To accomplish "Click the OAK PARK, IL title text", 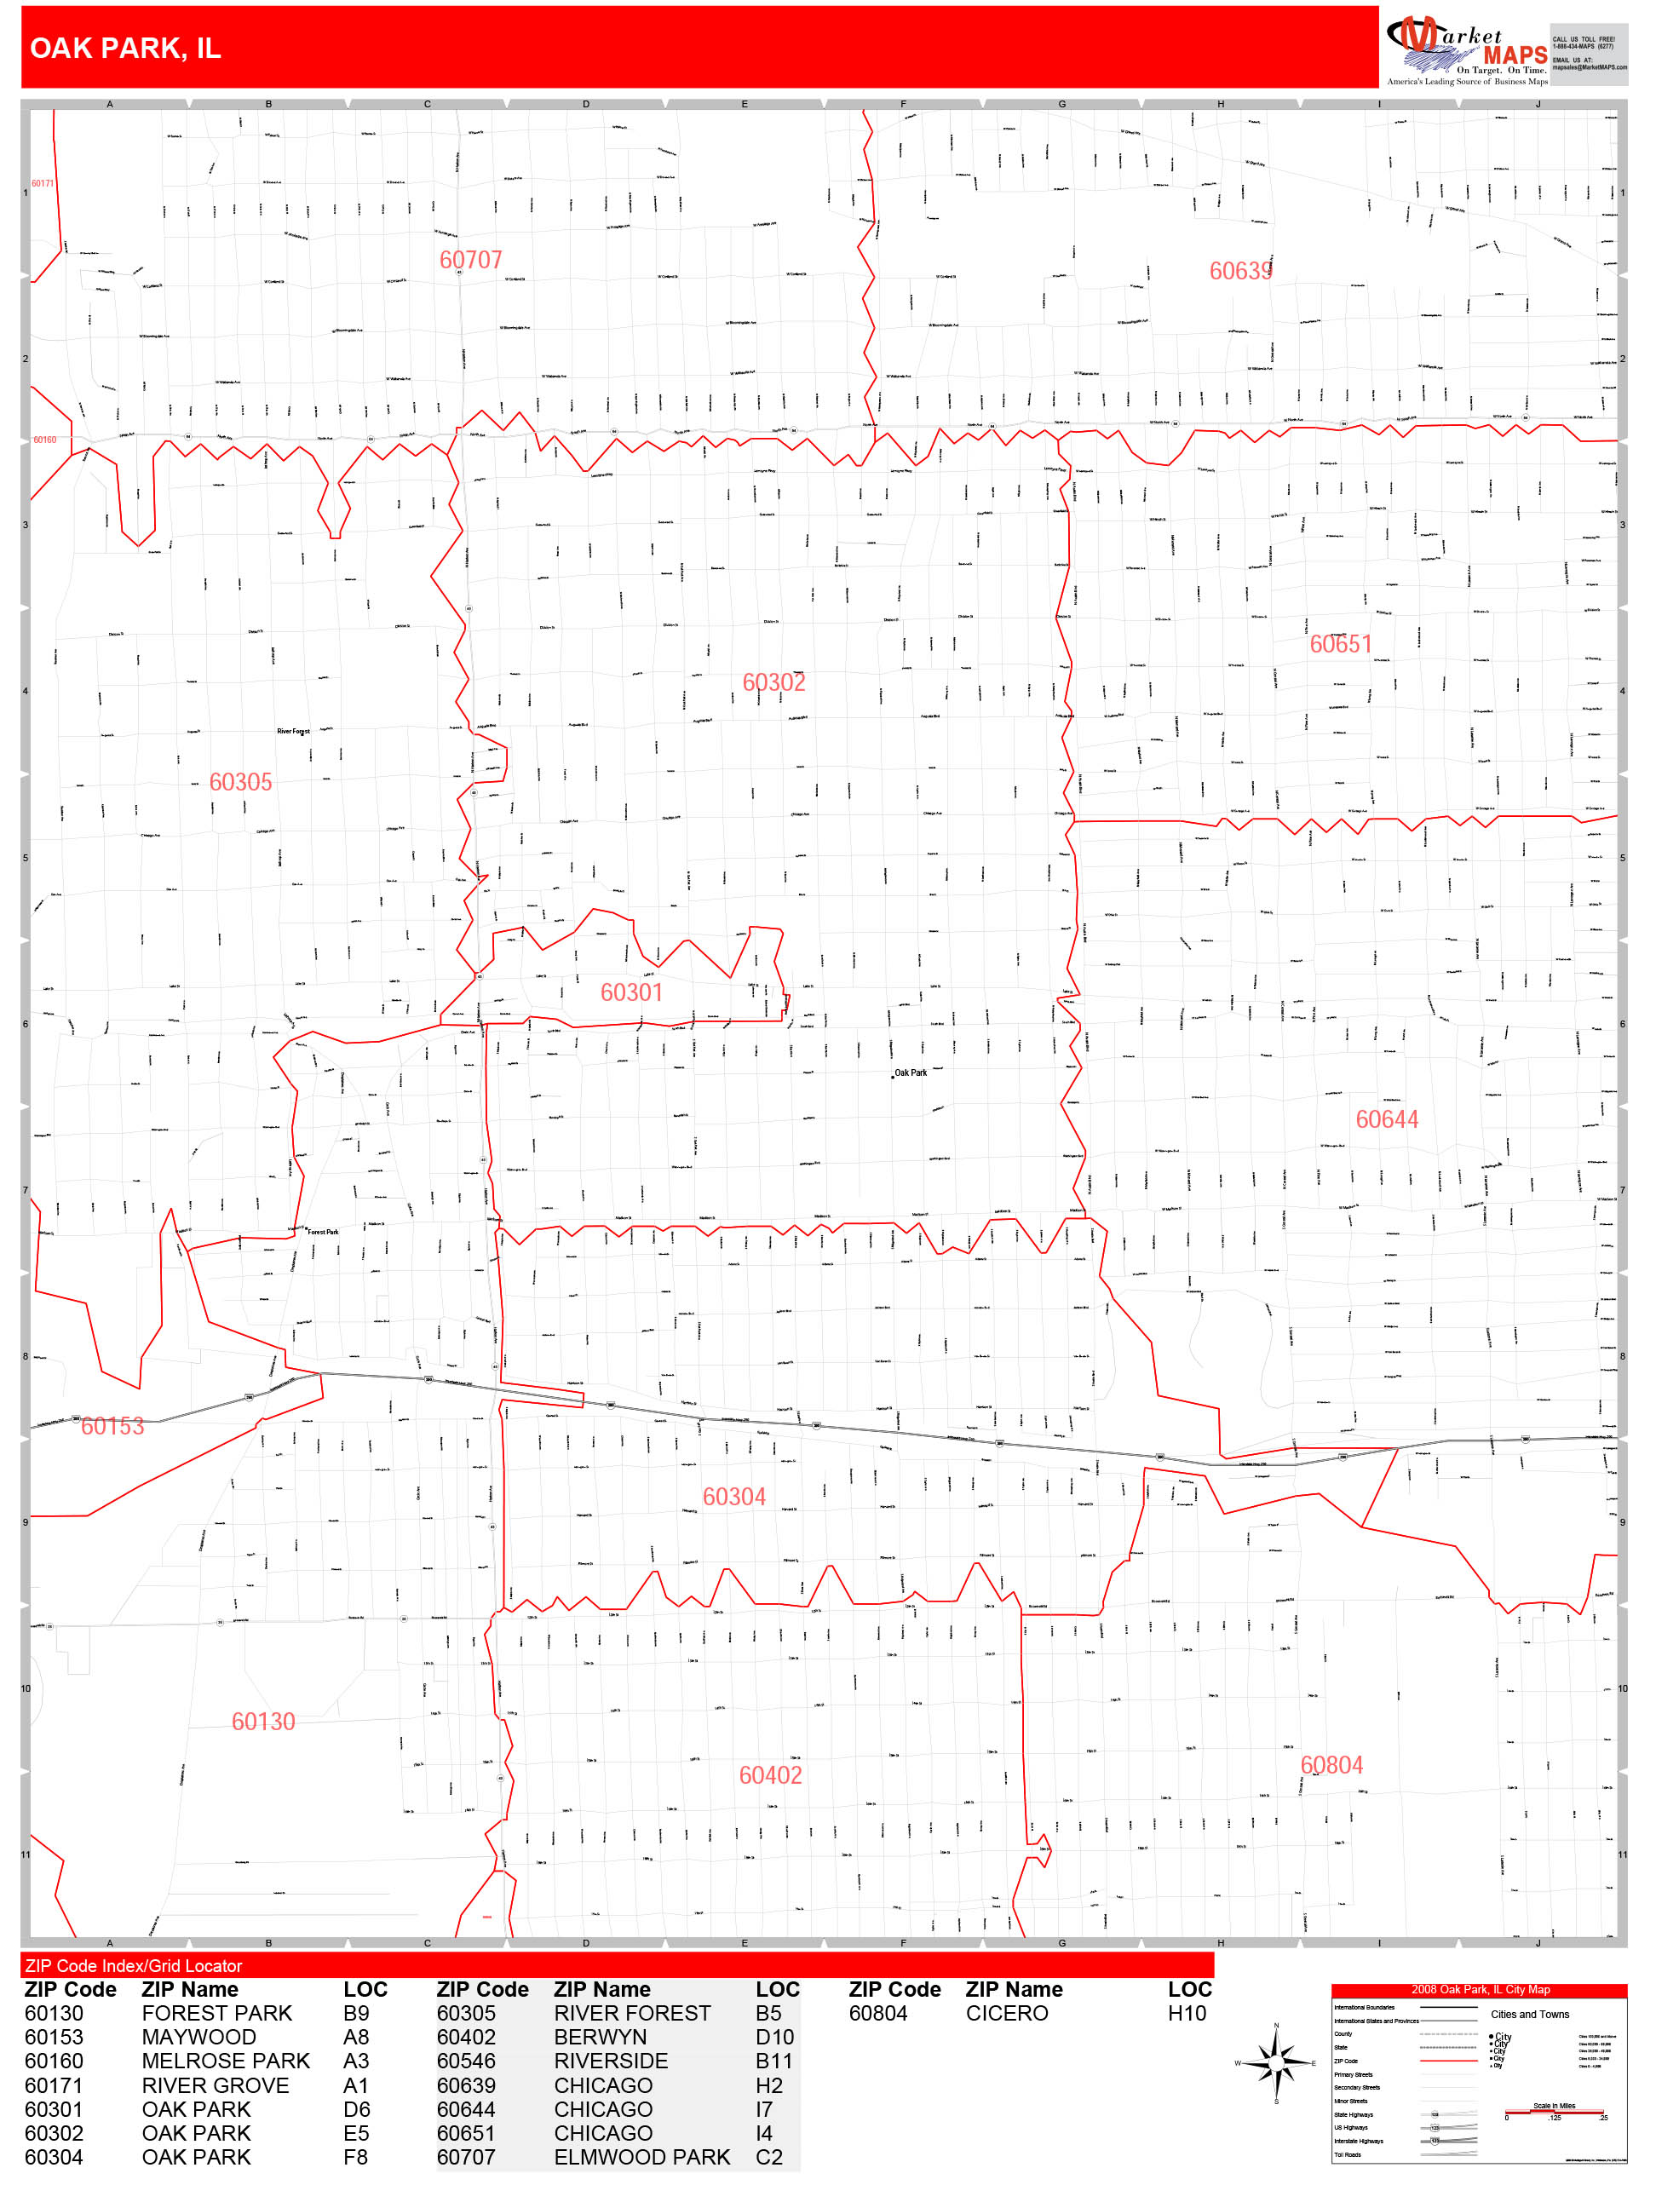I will (124, 48).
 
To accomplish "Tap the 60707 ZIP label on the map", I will (470, 261).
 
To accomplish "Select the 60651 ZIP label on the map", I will (1340, 645).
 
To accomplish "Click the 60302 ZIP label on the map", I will (773, 683).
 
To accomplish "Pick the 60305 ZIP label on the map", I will (239, 783).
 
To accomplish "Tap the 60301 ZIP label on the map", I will (631, 992).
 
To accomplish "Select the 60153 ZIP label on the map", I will (112, 1426).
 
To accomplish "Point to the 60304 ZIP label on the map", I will (733, 1498).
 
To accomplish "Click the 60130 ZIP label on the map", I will (262, 1722).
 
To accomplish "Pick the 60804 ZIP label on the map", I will (1331, 1766).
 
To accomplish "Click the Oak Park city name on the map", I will (910, 1073).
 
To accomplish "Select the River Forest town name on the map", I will (294, 732).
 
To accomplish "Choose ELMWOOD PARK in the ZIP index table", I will (641, 2157).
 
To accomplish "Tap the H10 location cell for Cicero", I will (1187, 2014).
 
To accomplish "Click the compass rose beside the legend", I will (1276, 2062).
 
